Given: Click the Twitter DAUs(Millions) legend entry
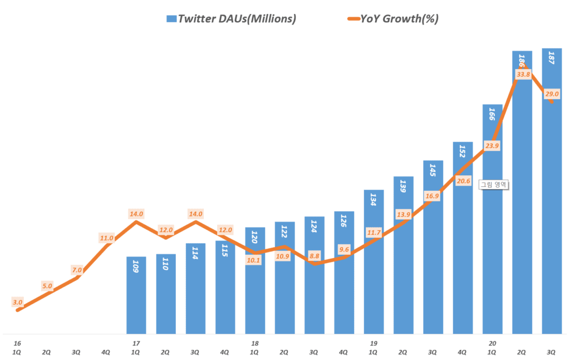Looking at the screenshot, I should click(231, 19).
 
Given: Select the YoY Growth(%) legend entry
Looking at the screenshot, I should click(392, 19).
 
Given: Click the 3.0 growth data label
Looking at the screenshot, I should click(17, 302).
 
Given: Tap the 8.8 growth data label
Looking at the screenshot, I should click(314, 256).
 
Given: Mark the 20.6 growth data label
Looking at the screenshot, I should click(463, 180).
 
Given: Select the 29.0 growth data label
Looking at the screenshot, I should click(552, 94).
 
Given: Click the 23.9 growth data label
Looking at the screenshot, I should click(492, 146).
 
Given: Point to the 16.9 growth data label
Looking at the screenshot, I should click(433, 195).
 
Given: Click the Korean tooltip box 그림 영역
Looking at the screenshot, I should click(495, 185).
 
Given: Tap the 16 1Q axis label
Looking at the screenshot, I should click(17, 347).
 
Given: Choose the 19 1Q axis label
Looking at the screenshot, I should click(374, 347).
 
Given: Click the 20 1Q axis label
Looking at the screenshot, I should click(492, 347).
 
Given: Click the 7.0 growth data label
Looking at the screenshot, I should click(77, 270).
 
